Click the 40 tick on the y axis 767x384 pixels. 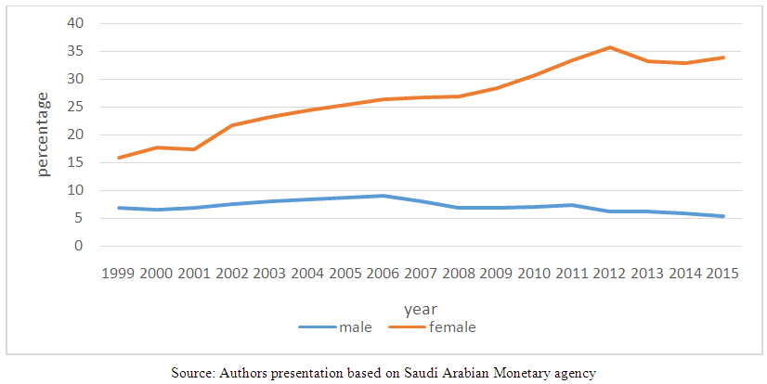[76, 23]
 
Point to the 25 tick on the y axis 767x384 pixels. [76, 107]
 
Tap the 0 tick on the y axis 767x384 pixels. [80, 247]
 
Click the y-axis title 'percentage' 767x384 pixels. [44, 134]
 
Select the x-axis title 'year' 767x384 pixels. [420, 308]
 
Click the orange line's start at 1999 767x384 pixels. [119, 158]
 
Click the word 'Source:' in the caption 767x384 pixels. [193, 373]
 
